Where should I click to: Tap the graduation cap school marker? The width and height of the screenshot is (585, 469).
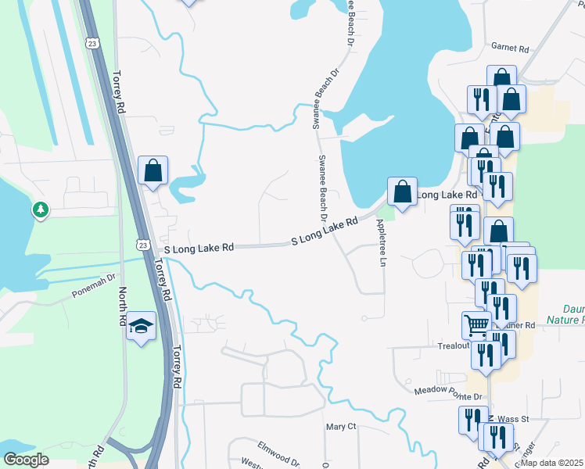click(141, 326)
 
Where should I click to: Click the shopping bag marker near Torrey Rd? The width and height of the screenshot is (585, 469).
click(153, 170)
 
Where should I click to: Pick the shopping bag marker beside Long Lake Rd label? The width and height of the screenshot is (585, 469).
click(402, 192)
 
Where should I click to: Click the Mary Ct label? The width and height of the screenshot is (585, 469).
click(341, 427)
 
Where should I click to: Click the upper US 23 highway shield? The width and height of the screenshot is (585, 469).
click(93, 44)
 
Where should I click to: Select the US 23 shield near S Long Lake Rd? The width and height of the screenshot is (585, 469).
click(142, 245)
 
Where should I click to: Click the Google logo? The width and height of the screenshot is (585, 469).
click(26, 460)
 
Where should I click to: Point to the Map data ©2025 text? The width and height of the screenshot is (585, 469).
click(556, 463)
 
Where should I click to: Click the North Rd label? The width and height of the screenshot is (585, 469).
click(123, 306)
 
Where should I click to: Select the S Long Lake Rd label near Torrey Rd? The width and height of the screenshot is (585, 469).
click(199, 248)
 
